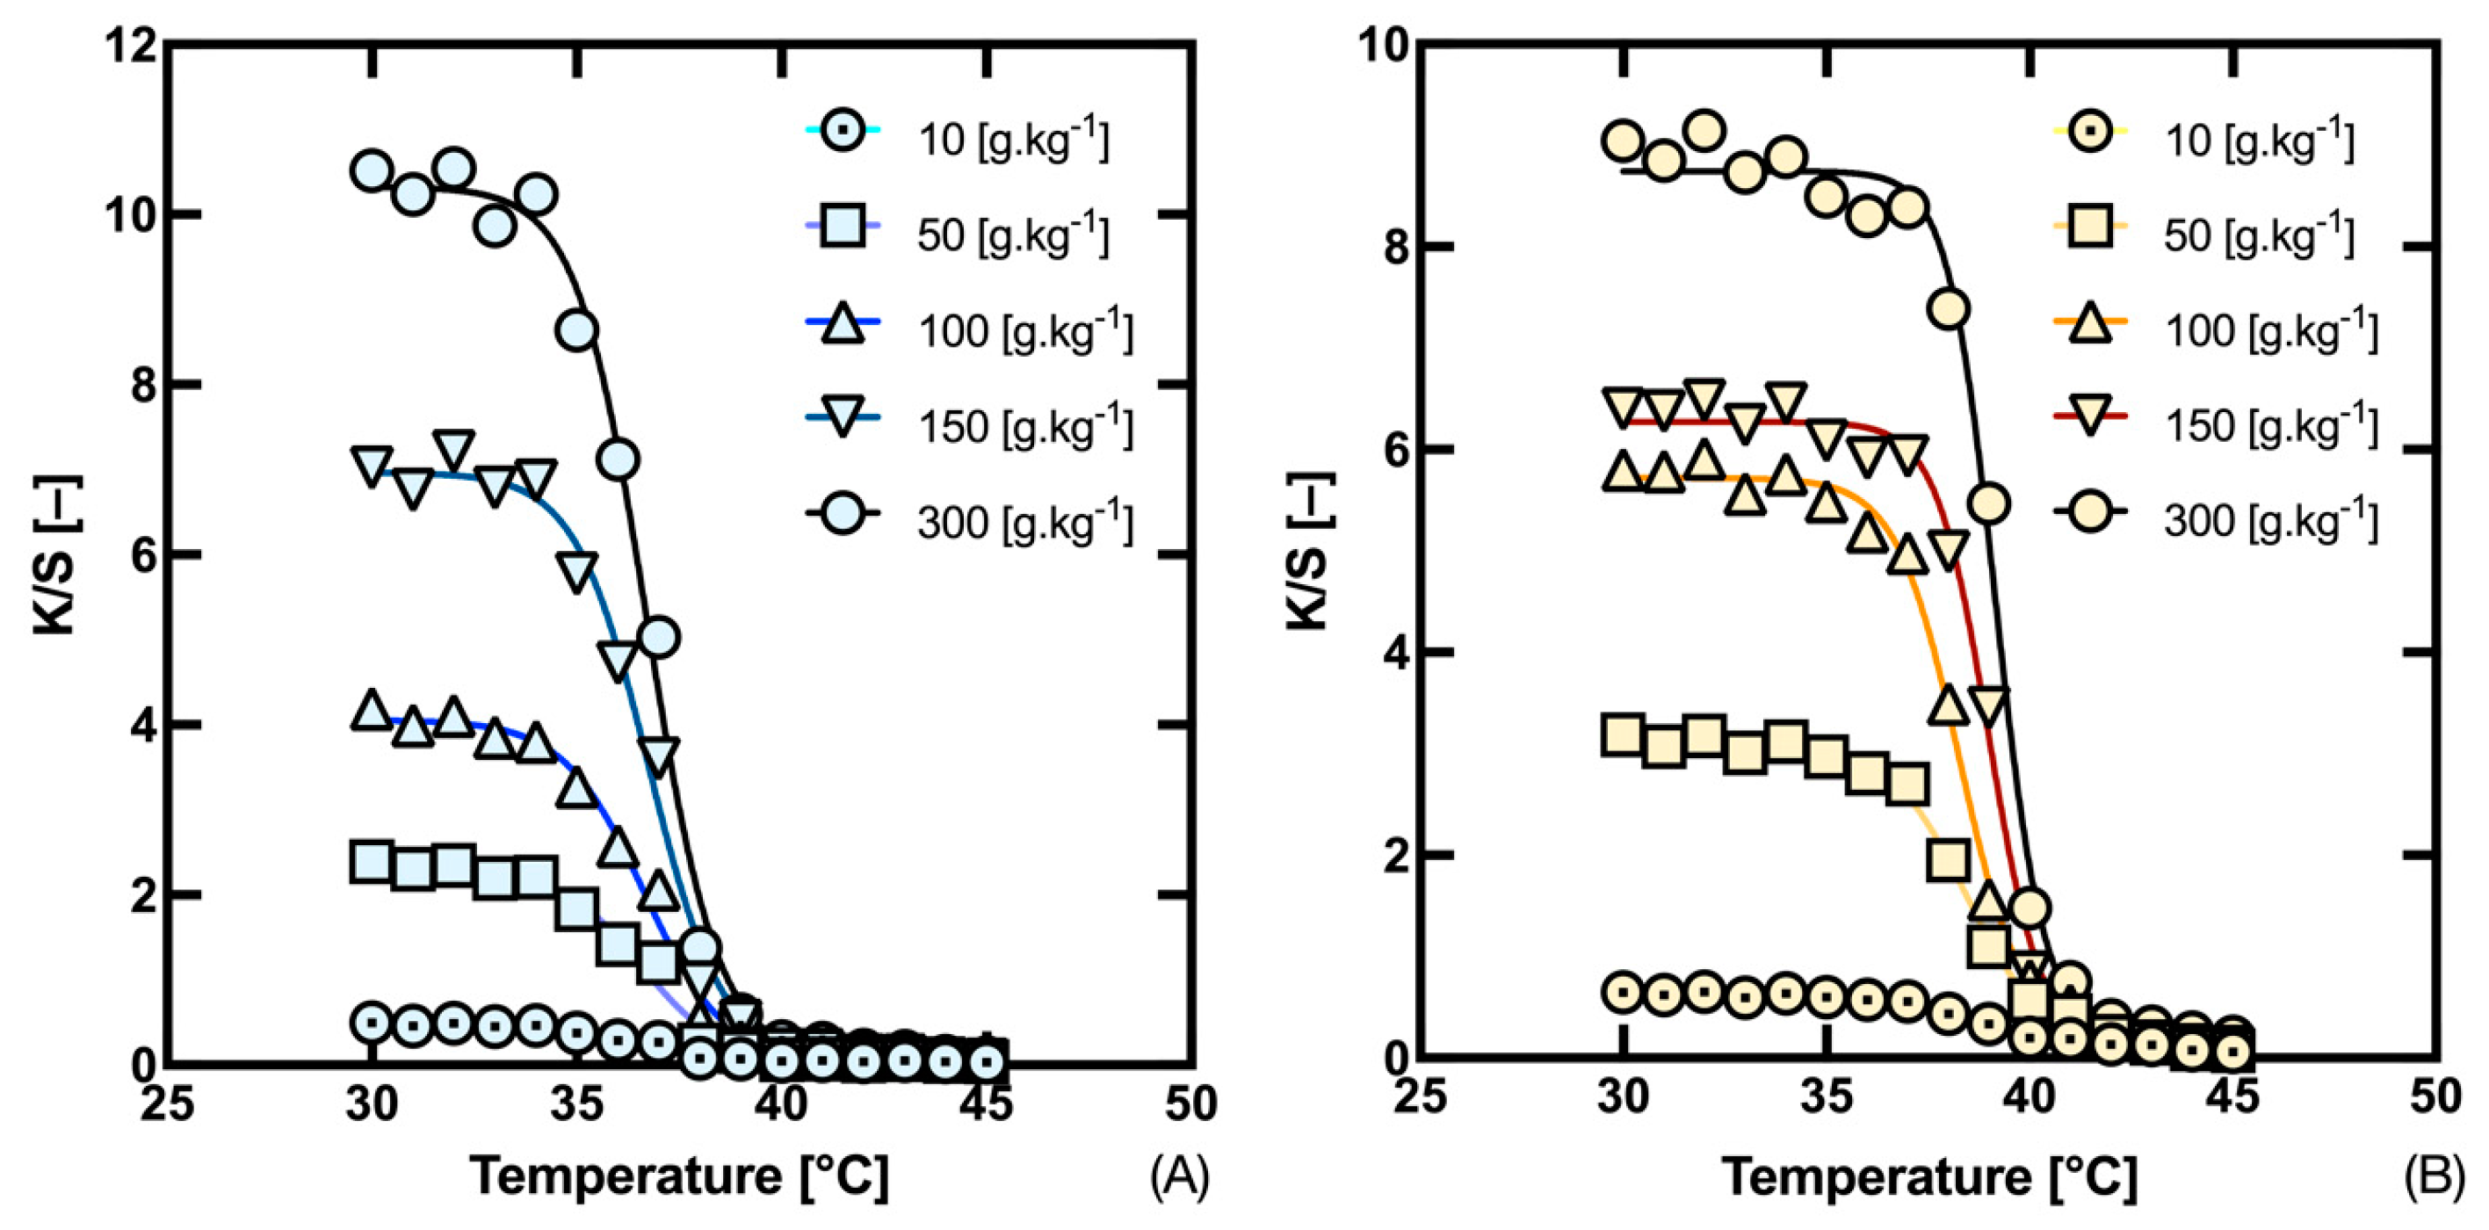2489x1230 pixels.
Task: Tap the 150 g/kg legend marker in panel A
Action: coord(843,416)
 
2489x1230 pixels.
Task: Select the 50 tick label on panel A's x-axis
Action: coord(1190,1103)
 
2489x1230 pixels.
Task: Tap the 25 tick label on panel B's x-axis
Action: coord(1421,1097)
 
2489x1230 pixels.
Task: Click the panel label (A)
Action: coord(1179,1177)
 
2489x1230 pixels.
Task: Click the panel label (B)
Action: coord(2435,1177)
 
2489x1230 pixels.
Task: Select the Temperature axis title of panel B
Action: coord(1928,1177)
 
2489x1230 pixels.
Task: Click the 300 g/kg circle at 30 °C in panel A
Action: coord(372,171)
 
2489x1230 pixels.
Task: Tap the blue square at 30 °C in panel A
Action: coord(372,861)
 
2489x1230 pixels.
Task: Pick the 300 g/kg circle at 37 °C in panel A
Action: coord(659,638)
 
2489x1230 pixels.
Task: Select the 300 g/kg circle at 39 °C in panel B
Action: coord(1988,503)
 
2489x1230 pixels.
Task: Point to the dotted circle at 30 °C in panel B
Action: coord(1624,992)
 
